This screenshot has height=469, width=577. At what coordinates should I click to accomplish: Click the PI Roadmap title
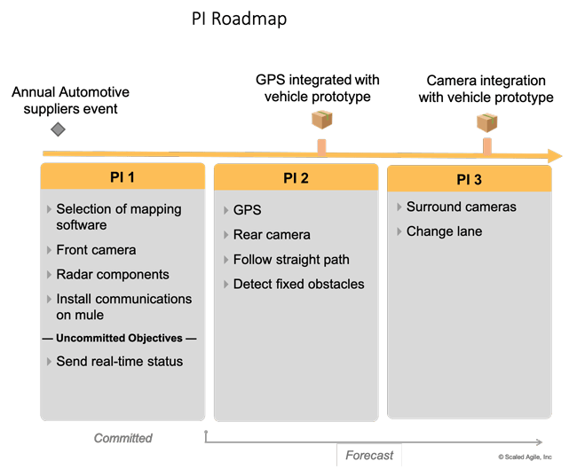click(240, 19)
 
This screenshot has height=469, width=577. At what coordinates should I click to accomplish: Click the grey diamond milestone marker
click(58, 130)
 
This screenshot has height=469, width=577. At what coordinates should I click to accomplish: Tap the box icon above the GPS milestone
click(321, 121)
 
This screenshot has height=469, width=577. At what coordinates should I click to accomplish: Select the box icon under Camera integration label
click(486, 122)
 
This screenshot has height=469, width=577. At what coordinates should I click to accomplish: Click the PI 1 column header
click(122, 176)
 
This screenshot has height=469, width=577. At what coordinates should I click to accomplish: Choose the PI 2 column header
click(296, 178)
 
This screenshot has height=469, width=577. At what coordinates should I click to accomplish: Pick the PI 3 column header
click(469, 180)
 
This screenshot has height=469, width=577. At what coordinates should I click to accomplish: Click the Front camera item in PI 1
click(96, 250)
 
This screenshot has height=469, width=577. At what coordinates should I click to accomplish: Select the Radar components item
click(112, 275)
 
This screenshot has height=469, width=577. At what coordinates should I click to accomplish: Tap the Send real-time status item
click(119, 361)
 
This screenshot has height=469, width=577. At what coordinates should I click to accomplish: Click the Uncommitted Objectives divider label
click(120, 339)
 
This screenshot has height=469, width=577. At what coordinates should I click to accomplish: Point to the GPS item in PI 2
click(248, 211)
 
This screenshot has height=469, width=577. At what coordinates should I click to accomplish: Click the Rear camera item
click(272, 235)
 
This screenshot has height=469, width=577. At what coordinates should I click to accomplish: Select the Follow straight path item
click(291, 260)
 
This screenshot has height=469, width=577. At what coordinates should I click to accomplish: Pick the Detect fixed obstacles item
click(298, 285)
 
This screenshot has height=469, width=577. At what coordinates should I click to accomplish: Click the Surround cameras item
click(461, 207)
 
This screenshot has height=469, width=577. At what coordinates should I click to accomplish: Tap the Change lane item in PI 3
click(444, 231)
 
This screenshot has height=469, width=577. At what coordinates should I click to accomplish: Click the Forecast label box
click(369, 455)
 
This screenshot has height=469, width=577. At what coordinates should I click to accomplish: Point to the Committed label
click(123, 438)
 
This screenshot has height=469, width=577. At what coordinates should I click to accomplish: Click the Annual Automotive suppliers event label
click(70, 101)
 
